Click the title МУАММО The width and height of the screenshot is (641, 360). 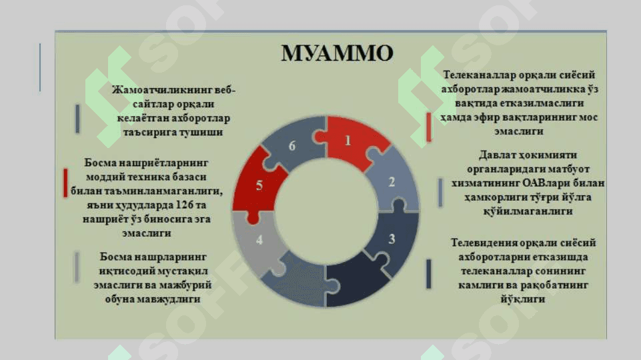coord(338,53)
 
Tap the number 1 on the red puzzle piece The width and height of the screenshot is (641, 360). coord(348,141)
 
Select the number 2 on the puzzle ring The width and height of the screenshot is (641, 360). coord(392,182)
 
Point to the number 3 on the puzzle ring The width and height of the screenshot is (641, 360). coord(392,239)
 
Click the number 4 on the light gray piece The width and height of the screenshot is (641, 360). coord(259,240)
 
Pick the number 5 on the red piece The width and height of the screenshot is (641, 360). coord(259,185)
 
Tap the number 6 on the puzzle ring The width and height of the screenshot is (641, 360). coord(292,146)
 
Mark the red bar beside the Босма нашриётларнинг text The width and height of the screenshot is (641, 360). coord(65,183)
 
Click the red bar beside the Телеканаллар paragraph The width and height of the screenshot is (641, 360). coord(428,127)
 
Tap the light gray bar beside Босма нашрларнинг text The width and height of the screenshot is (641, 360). coord(77,267)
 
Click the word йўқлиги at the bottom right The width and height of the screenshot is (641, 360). coord(523,299)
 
